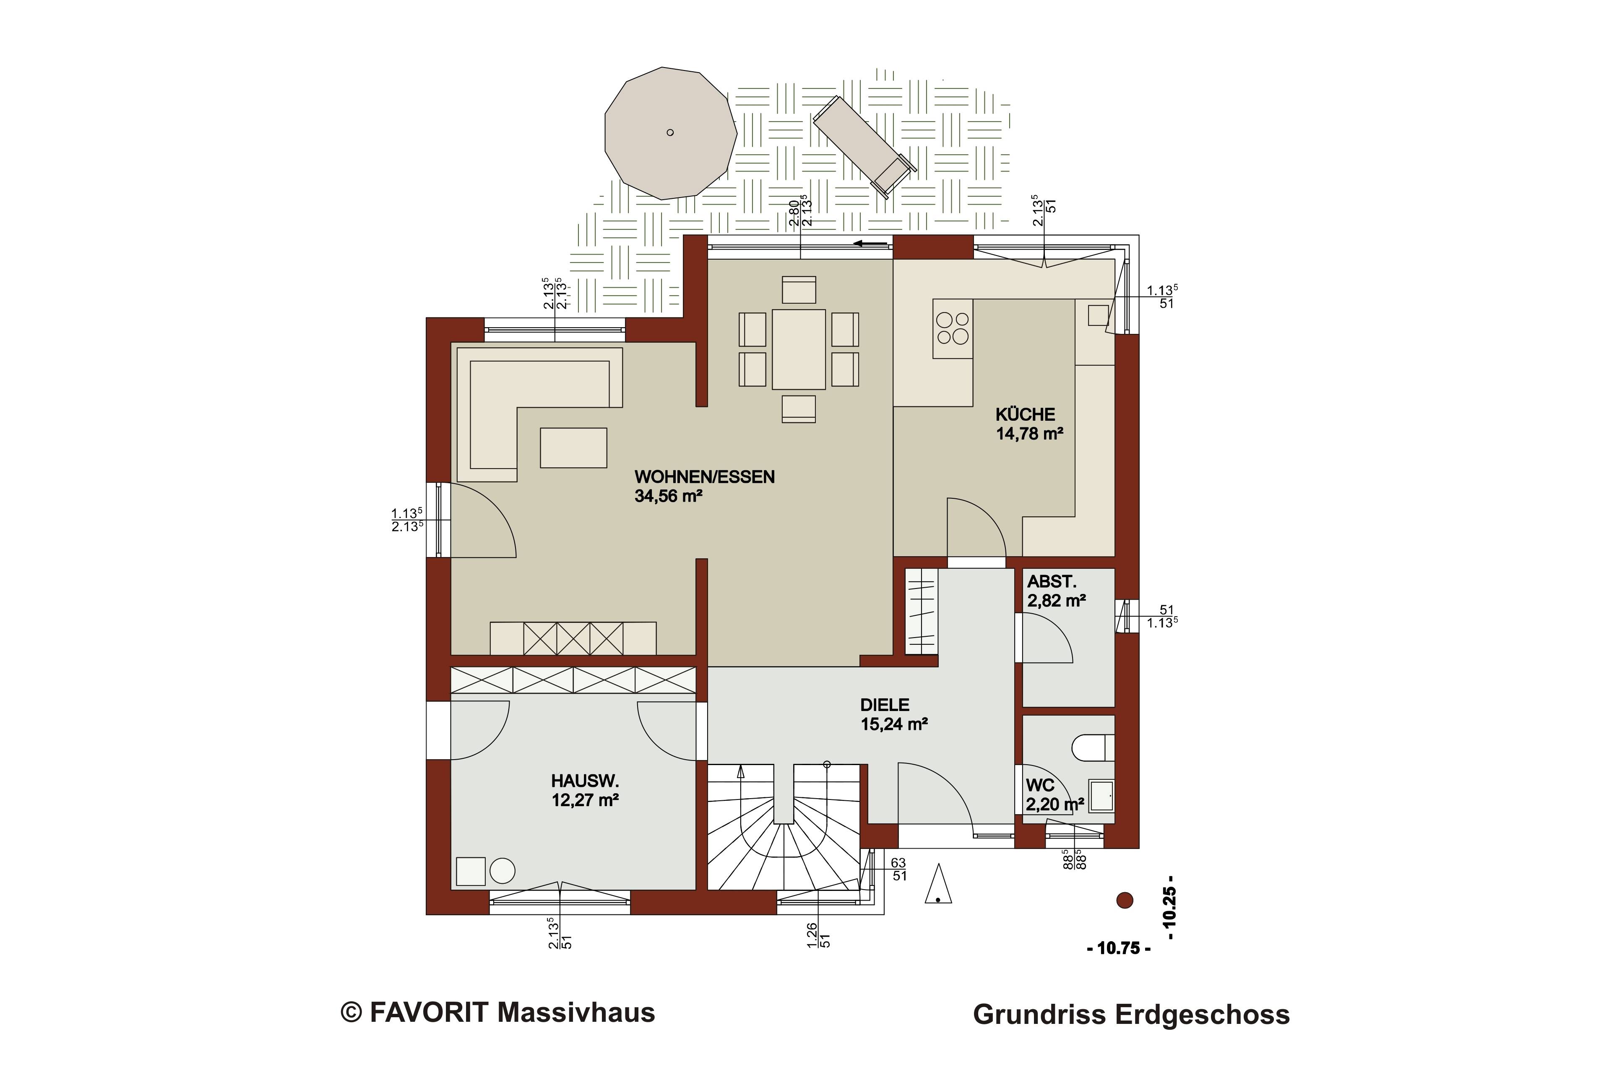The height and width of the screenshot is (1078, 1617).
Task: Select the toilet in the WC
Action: pyautogui.click(x=1092, y=748)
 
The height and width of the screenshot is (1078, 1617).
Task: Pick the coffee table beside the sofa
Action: pyautogui.click(x=573, y=448)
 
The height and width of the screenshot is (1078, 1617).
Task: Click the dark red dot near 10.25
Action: pyautogui.click(x=1125, y=900)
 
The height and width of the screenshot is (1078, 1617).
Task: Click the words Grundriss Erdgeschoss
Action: pyautogui.click(x=1131, y=1015)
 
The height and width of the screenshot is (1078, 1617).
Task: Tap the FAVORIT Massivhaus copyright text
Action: pyautogui.click(x=498, y=1012)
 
